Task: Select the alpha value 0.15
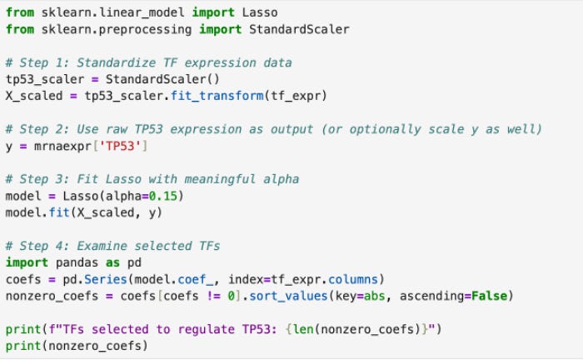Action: tap(167, 196)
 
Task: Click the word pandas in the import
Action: tap(75, 262)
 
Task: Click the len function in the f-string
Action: tap(303, 329)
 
